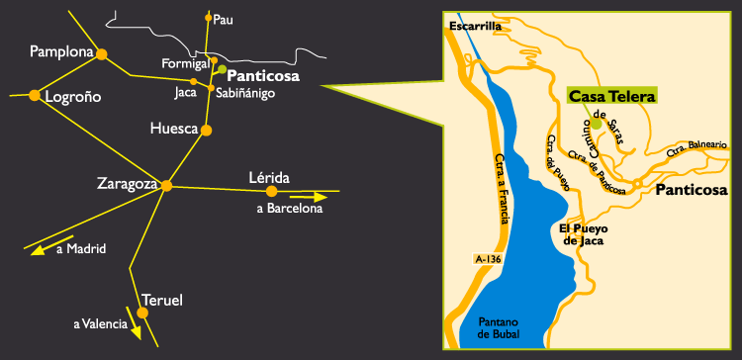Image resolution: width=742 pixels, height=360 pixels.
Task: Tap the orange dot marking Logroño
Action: [35, 95]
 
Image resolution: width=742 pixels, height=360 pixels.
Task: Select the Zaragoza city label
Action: [128, 183]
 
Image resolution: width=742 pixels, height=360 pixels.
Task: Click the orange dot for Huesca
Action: [207, 130]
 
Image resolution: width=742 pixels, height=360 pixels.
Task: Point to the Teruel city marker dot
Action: [142, 313]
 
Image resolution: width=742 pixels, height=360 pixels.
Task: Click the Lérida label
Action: [268, 177]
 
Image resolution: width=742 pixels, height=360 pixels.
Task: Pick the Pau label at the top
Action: [224, 18]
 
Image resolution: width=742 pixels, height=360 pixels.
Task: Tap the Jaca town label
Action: [185, 93]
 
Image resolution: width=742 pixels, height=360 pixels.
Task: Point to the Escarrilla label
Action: [476, 27]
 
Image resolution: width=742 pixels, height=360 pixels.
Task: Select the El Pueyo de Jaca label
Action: [583, 233]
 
